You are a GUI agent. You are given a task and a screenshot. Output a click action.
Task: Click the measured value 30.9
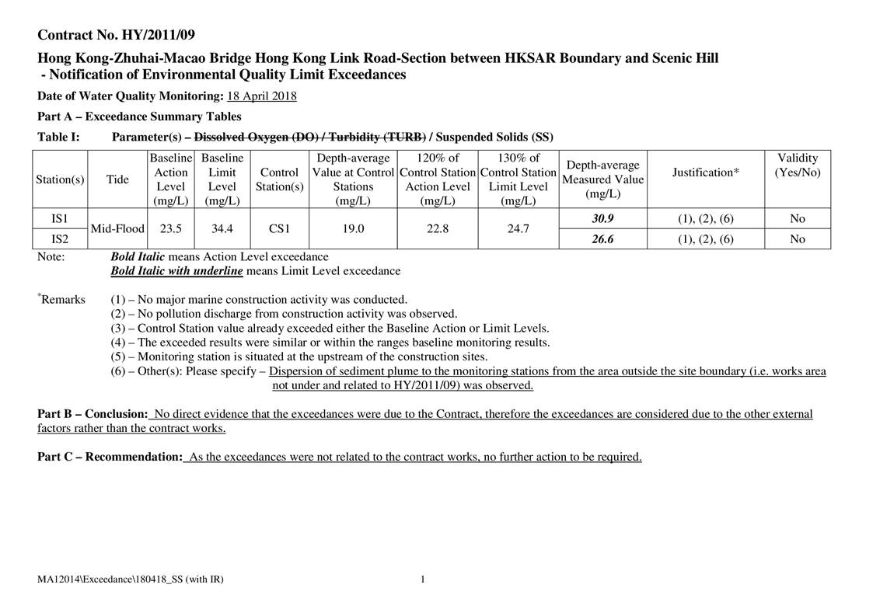tap(602, 219)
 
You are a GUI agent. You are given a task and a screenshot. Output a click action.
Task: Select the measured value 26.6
tap(602, 239)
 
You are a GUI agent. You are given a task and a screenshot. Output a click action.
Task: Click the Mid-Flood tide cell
tap(117, 229)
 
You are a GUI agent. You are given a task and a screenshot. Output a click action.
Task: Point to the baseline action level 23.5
tap(171, 229)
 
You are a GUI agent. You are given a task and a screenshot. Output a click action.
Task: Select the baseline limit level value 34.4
tap(222, 229)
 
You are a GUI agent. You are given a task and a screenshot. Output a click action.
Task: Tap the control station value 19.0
tap(353, 229)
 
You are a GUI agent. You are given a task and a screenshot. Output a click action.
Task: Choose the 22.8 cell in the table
tap(438, 229)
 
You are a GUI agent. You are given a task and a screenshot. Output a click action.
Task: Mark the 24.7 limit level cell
tap(518, 229)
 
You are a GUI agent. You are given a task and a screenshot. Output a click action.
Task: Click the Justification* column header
tap(705, 172)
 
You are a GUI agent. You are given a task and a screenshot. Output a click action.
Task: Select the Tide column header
tap(117, 179)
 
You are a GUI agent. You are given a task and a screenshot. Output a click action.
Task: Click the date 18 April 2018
tap(262, 96)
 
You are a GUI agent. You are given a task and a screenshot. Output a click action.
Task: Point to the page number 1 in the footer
tap(422, 579)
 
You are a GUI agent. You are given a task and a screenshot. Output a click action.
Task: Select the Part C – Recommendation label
tap(110, 457)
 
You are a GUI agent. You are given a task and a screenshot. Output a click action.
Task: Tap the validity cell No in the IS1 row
tap(797, 219)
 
